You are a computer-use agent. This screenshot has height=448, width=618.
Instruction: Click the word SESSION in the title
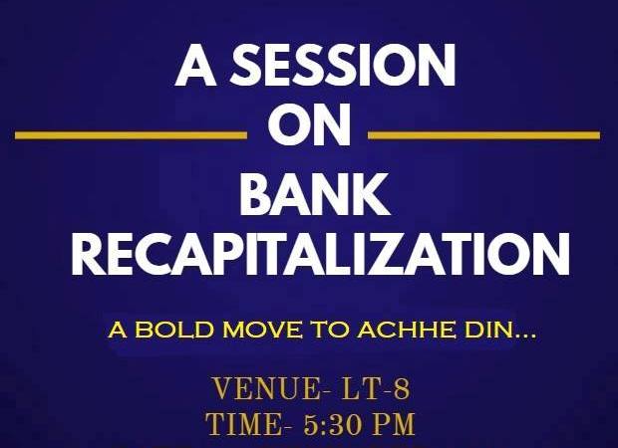pyautogui.click(x=343, y=65)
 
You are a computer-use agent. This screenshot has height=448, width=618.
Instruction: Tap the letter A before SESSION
pyautogui.click(x=196, y=65)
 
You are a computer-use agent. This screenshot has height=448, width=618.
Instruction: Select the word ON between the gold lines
pyautogui.click(x=309, y=126)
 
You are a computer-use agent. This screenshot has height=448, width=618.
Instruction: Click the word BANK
pyautogui.click(x=315, y=193)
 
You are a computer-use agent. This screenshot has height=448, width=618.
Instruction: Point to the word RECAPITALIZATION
pyautogui.click(x=321, y=254)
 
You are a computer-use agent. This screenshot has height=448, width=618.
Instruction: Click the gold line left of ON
pyautogui.click(x=131, y=135)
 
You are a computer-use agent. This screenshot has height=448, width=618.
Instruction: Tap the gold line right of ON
pyautogui.click(x=484, y=135)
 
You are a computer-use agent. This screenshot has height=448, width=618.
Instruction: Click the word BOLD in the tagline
pyautogui.click(x=175, y=330)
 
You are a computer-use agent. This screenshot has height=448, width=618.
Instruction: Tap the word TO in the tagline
pyautogui.click(x=329, y=330)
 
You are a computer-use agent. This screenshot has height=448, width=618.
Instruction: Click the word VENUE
pyautogui.click(x=264, y=388)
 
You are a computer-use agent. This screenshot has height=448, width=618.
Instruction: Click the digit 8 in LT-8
pyautogui.click(x=402, y=388)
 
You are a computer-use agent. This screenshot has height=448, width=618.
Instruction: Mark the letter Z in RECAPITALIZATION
pyautogui.click(x=392, y=254)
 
